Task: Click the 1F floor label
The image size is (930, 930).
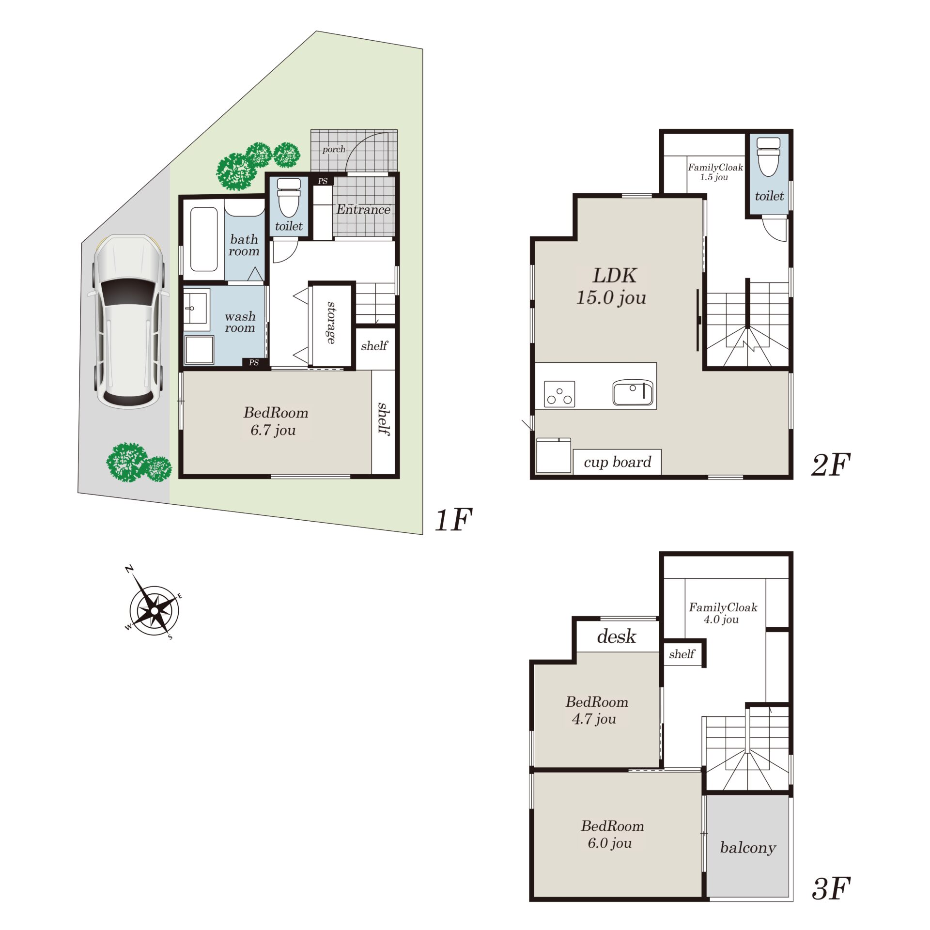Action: (x=453, y=520)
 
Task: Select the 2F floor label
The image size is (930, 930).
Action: (x=830, y=465)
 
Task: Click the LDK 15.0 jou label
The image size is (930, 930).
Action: (x=612, y=286)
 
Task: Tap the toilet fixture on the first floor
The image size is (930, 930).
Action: (x=289, y=197)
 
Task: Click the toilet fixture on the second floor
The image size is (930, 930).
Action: (x=768, y=156)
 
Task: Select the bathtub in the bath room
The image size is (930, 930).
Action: (x=204, y=239)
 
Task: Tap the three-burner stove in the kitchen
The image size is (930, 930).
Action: (x=559, y=394)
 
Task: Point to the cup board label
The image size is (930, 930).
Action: (x=618, y=462)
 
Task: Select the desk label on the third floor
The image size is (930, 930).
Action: (x=616, y=636)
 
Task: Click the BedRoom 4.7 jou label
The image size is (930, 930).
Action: (x=596, y=710)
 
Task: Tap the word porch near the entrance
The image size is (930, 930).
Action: (x=334, y=150)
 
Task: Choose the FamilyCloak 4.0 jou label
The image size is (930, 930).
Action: (x=723, y=613)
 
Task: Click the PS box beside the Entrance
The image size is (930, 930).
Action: (x=322, y=181)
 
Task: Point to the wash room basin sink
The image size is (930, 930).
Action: (x=196, y=309)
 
